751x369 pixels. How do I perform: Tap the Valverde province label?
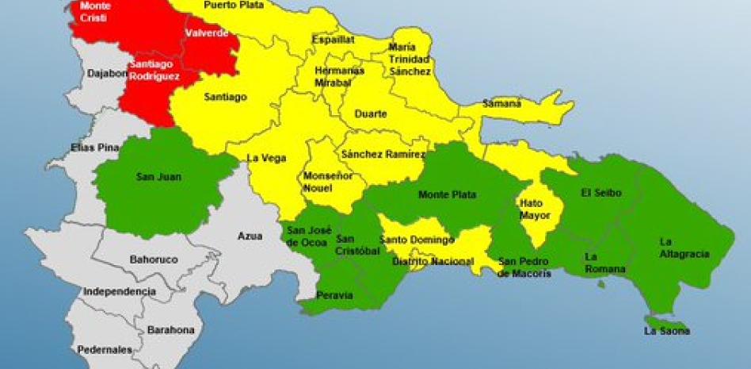pyautogui.click(x=206, y=33)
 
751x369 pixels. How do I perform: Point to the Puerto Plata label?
pyautogui.click(x=233, y=5)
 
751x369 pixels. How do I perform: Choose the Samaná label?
pyautogui.click(x=502, y=103)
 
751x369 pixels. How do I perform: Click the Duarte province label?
pyautogui.click(x=371, y=114)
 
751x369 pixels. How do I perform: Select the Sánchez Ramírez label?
pyautogui.click(x=384, y=155)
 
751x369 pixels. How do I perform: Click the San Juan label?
pyautogui.click(x=158, y=177)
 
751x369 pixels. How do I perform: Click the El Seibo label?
pyautogui.click(x=601, y=193)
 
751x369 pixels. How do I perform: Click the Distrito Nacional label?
pyautogui.click(x=433, y=261)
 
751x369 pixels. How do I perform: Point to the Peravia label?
pyautogui.click(x=334, y=295)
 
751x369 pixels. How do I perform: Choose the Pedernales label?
pyautogui.click(x=105, y=349)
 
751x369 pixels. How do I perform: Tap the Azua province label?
pyautogui.click(x=250, y=236)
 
